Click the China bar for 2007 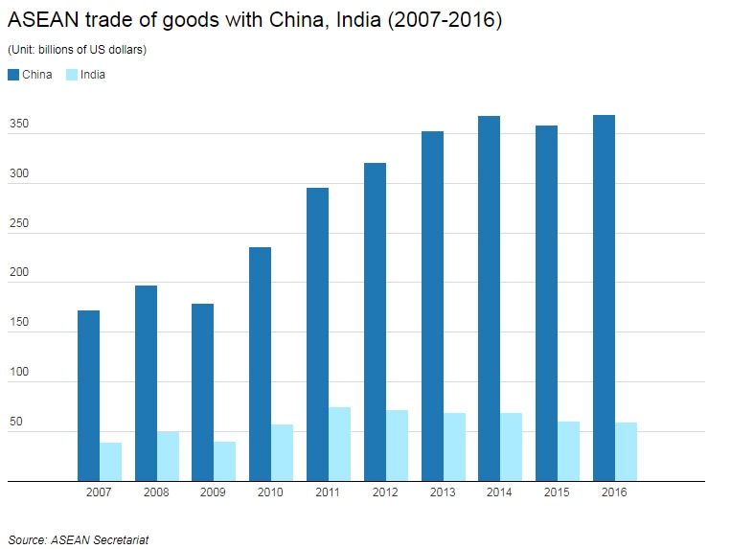click(88, 395)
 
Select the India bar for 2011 click(339, 444)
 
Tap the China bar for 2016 click(604, 297)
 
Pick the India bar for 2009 click(224, 461)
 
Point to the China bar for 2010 click(260, 363)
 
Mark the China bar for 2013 click(432, 306)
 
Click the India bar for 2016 click(626, 451)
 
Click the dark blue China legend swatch click(13, 75)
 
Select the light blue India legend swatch click(72, 75)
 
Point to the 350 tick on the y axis click(19, 126)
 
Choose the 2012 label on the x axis click(386, 492)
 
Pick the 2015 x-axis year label click(558, 492)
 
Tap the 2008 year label click(156, 492)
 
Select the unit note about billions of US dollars click(77, 50)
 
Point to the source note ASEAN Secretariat click(79, 539)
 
